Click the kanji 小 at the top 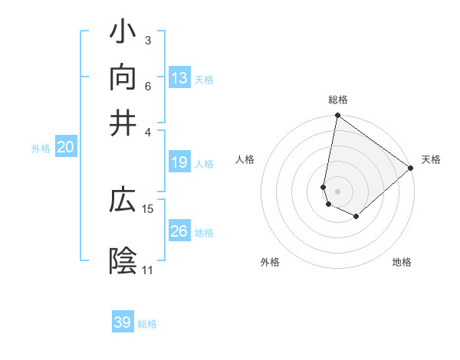click(x=123, y=33)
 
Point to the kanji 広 click(x=123, y=201)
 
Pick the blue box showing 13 click(x=179, y=78)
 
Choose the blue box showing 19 click(x=179, y=162)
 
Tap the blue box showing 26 click(x=179, y=231)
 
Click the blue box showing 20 click(x=66, y=148)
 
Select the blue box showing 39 click(x=123, y=322)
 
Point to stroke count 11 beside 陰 click(x=147, y=270)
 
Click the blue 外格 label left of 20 click(x=41, y=149)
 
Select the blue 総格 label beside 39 click(x=147, y=324)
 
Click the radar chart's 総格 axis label click(x=338, y=100)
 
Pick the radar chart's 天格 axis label click(x=431, y=159)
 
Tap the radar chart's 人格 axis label click(x=245, y=159)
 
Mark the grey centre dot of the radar click(x=338, y=191)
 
